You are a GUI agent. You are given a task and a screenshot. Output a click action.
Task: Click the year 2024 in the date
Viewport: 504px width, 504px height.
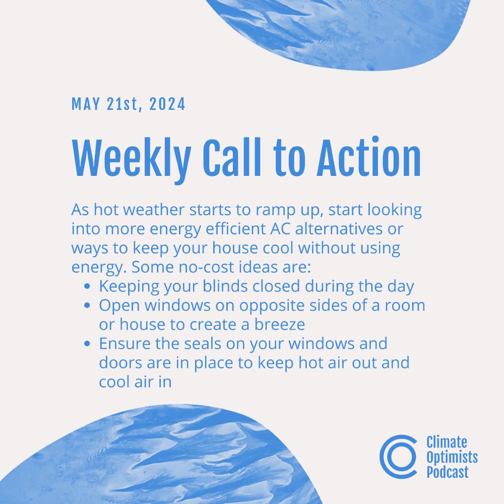click(167, 104)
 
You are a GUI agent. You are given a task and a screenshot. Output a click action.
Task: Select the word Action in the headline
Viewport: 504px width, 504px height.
click(369, 157)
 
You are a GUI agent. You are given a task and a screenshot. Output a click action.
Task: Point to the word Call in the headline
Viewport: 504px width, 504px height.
click(232, 157)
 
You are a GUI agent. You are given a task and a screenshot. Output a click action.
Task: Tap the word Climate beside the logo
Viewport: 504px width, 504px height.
click(447, 442)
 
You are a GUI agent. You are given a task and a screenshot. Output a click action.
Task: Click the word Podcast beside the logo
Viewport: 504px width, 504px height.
click(448, 472)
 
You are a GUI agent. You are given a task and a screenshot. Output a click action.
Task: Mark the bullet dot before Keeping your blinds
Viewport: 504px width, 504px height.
click(87, 286)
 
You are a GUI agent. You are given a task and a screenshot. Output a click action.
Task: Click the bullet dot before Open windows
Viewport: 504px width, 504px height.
click(87, 305)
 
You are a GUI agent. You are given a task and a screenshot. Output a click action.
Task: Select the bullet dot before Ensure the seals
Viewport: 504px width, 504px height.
click(87, 343)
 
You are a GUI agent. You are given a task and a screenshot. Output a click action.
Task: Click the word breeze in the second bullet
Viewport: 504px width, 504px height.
click(280, 324)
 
